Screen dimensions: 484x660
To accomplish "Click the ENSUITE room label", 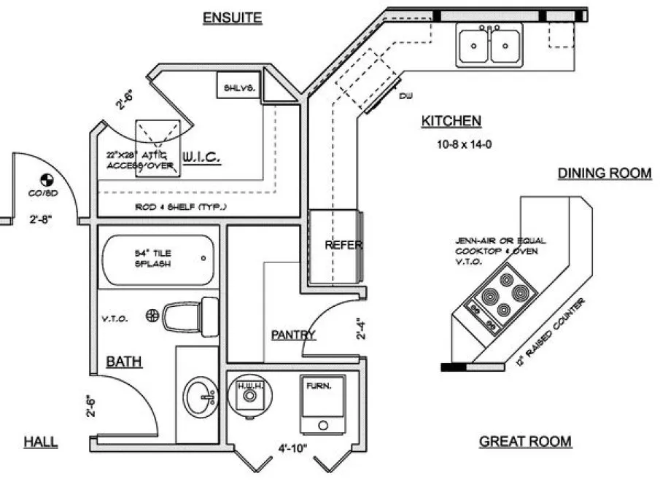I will [x=231, y=18].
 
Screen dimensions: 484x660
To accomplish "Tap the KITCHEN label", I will [x=451, y=122].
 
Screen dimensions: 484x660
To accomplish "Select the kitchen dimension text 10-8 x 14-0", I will [x=464, y=144].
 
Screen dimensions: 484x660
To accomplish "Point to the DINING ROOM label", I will [x=605, y=173].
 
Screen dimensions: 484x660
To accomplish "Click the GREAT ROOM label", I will [x=525, y=442].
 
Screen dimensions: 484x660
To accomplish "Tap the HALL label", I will [x=41, y=442].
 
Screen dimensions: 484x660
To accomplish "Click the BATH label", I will [x=123, y=361].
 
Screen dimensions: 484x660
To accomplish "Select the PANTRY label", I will [x=293, y=335].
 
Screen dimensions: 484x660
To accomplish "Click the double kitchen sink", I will [x=490, y=44].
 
